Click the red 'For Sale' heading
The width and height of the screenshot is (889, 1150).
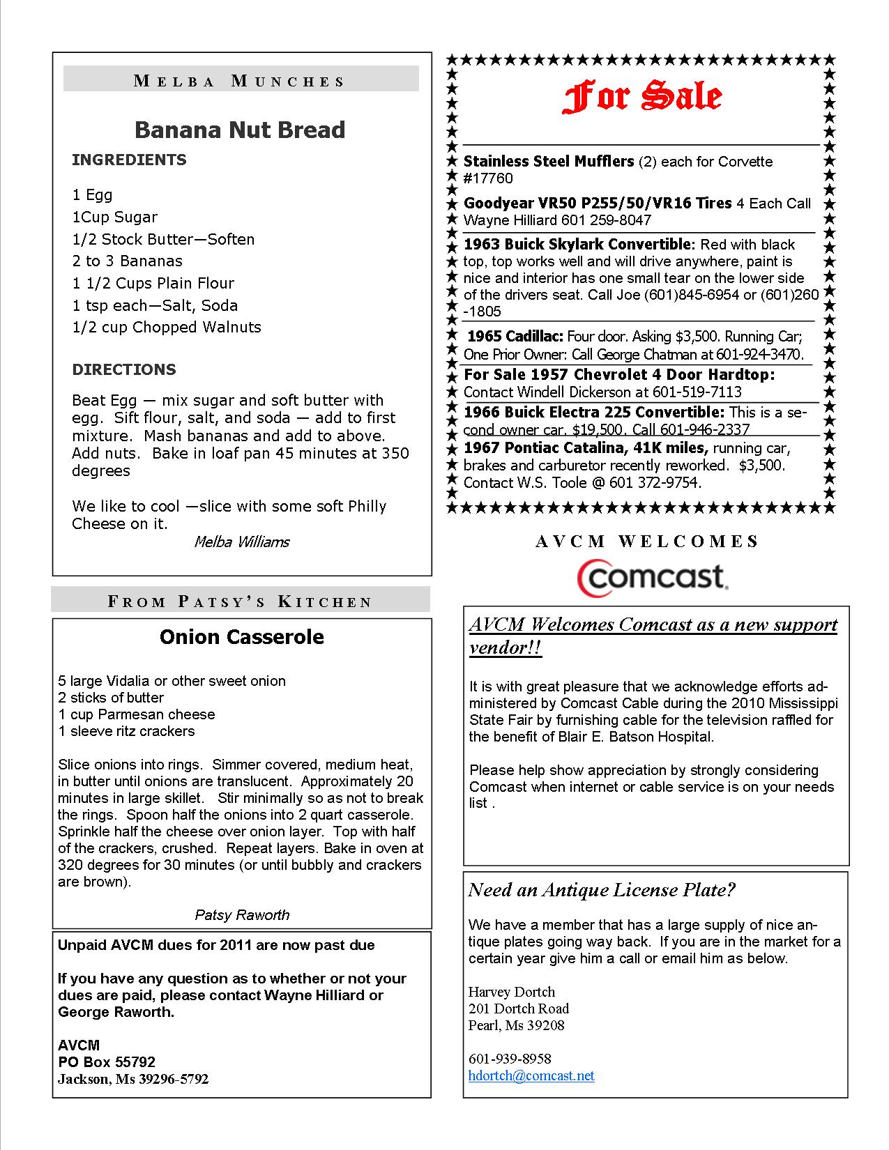point(641,98)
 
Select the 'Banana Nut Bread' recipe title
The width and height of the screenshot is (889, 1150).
point(240,130)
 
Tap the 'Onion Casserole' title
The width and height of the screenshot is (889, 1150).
point(241,637)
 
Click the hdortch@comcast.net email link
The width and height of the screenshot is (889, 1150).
point(531,1075)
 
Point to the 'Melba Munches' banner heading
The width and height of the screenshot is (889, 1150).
point(240,81)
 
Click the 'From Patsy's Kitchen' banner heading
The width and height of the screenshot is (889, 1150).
point(241,601)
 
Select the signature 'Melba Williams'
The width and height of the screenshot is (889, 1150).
point(241,542)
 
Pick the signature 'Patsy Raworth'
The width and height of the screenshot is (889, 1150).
point(242,914)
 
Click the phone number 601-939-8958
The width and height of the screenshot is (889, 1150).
point(510,1059)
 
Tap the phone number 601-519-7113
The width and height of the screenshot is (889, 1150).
point(698,392)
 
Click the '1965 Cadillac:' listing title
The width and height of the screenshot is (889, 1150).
point(515,337)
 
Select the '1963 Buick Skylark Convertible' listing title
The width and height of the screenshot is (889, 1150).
point(578,245)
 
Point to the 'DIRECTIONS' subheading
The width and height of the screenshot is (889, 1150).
point(124,369)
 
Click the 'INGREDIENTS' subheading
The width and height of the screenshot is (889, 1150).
point(129,160)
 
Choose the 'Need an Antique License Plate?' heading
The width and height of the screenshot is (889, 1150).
point(602,890)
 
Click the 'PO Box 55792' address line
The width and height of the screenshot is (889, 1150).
point(107,1062)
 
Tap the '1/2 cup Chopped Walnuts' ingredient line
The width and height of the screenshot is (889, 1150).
point(167,327)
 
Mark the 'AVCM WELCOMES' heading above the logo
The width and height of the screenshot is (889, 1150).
point(646,542)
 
